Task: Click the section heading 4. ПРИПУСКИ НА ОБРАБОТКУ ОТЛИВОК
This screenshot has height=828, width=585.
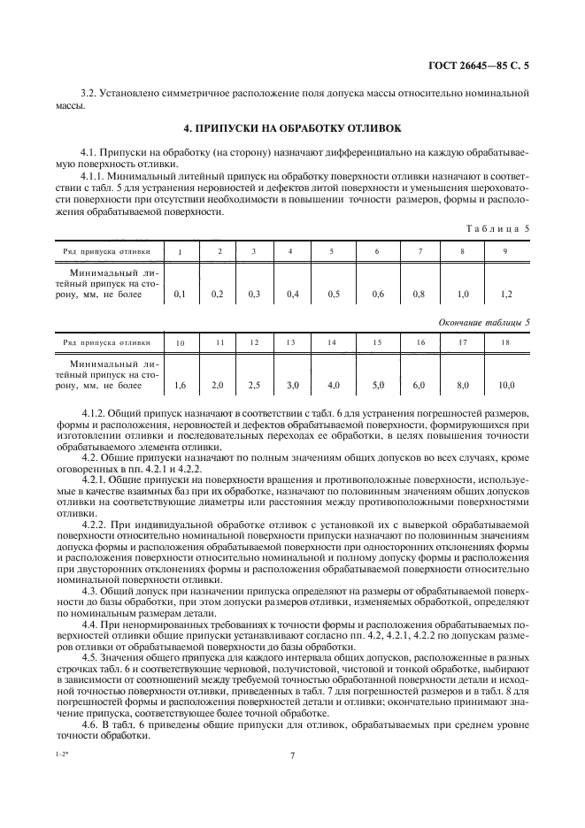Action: (x=292, y=127)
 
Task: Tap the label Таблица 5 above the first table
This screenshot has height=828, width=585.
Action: (x=498, y=229)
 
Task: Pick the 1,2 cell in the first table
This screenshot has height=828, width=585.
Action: (x=504, y=293)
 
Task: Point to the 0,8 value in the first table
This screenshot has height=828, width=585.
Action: (x=419, y=293)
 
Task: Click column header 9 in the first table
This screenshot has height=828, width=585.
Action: (x=504, y=252)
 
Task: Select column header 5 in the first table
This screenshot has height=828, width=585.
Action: (x=331, y=252)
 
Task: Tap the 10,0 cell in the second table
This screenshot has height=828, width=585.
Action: (x=505, y=385)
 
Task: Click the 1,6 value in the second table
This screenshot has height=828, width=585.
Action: (x=181, y=385)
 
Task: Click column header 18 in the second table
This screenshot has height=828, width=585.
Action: (x=505, y=342)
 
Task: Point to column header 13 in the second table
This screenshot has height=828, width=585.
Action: (x=290, y=342)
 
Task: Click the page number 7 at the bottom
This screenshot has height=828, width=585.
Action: (x=292, y=755)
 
